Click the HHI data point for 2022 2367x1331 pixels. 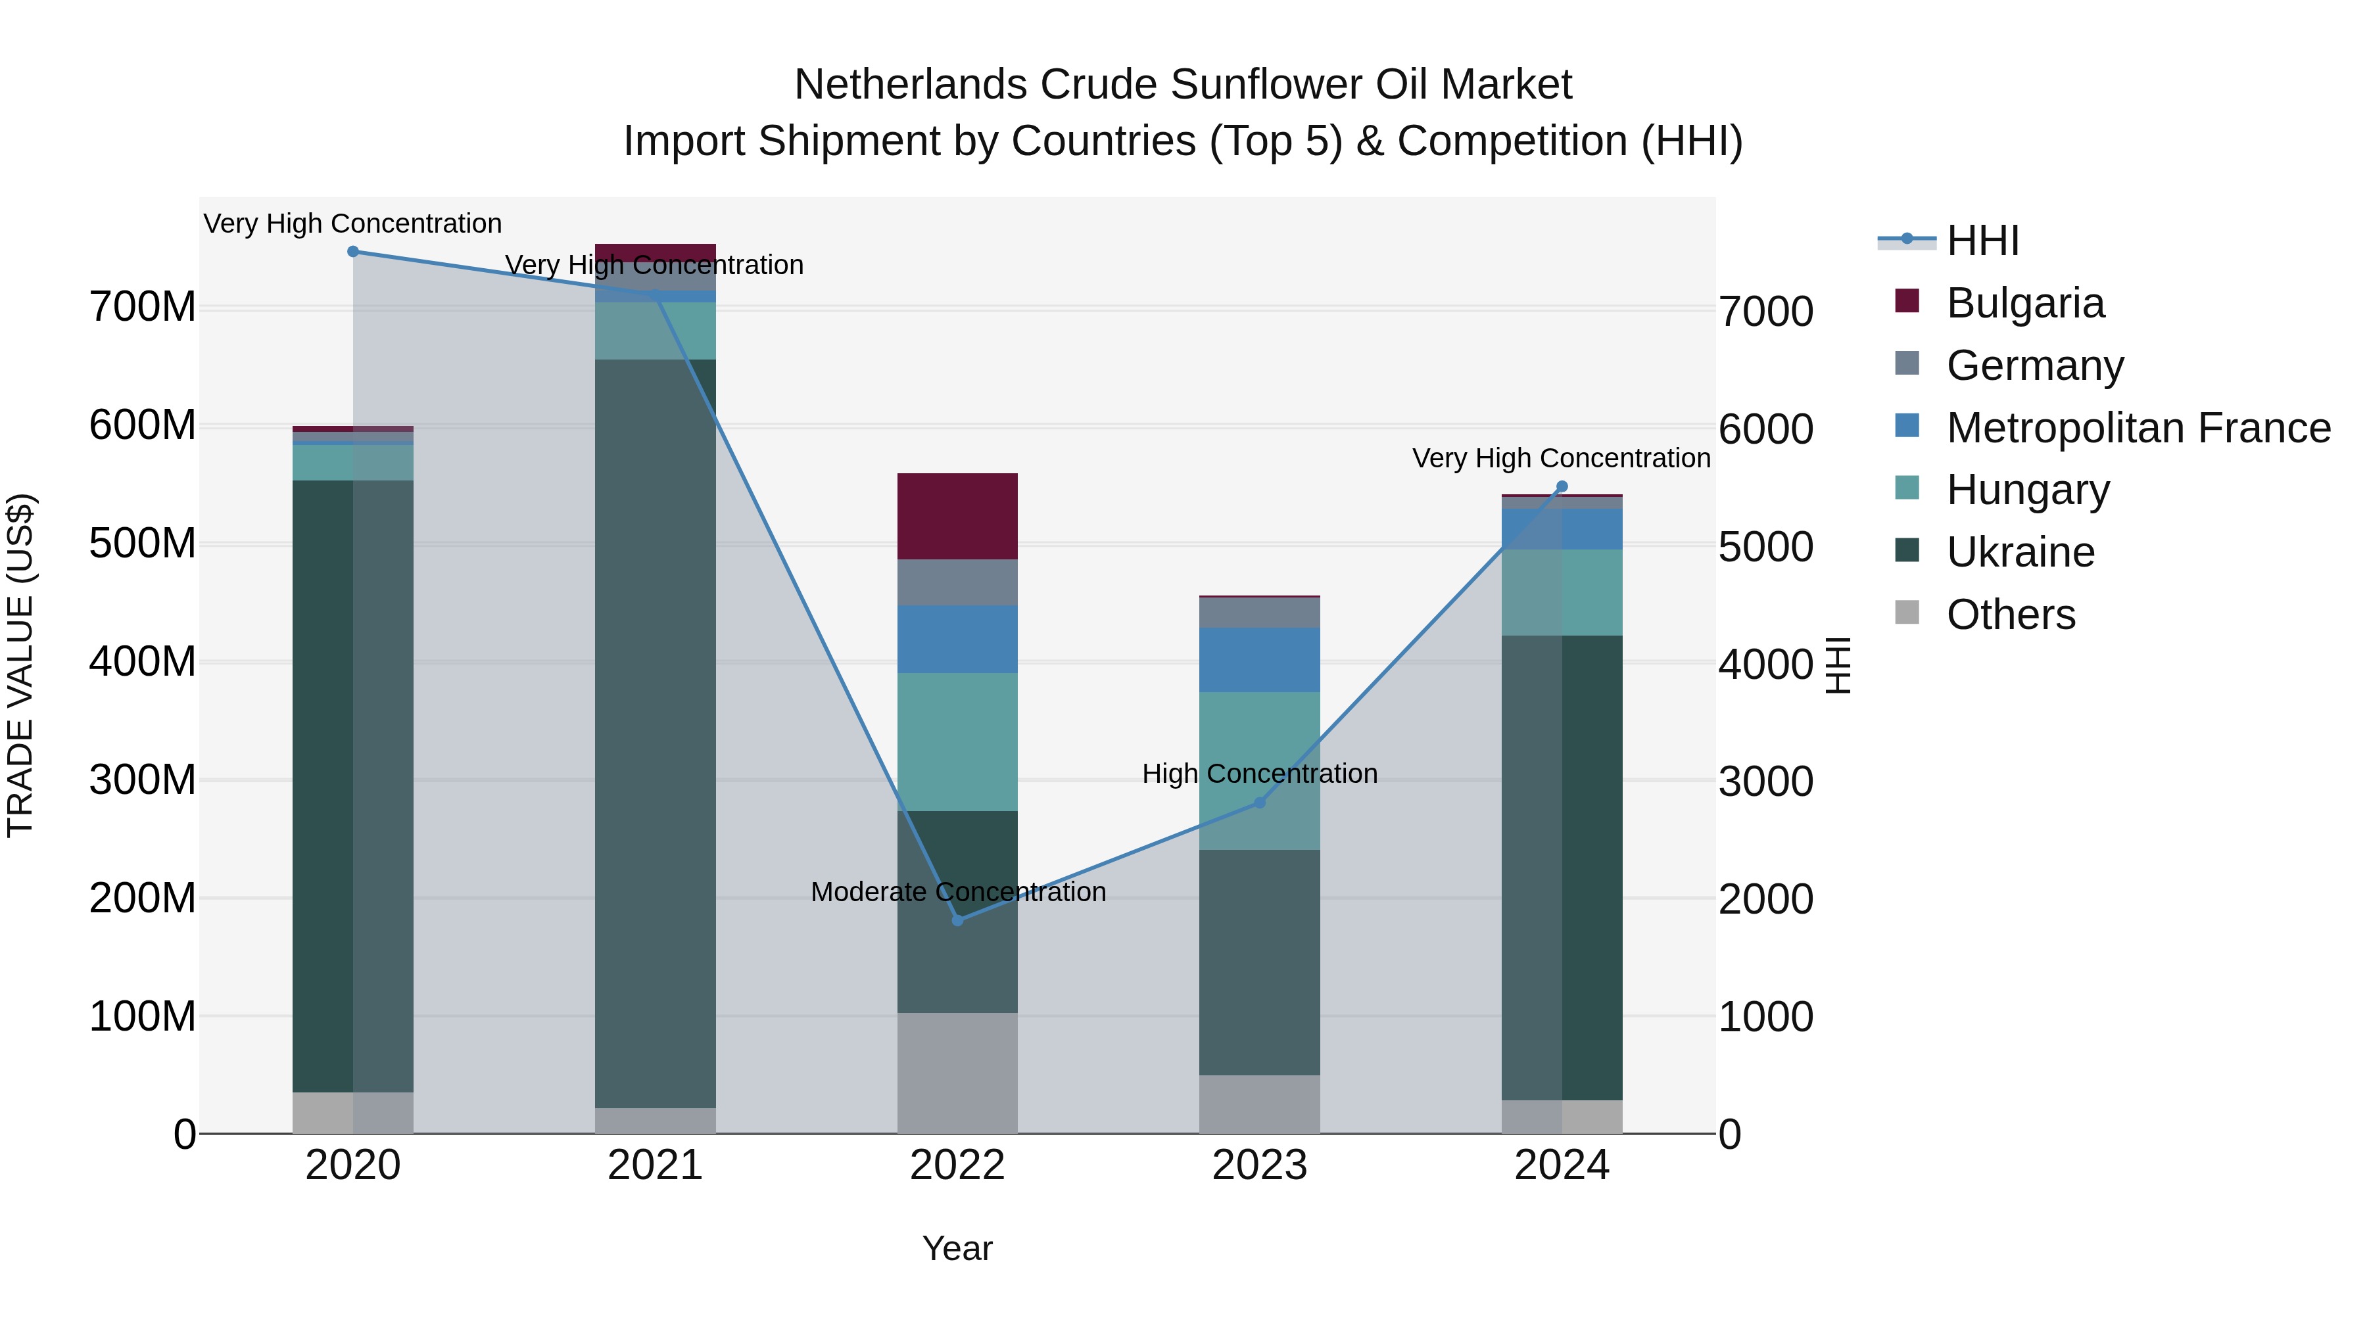point(957,920)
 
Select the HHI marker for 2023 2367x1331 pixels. point(1260,803)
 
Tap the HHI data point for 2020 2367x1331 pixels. point(353,252)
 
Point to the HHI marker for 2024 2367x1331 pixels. point(1562,487)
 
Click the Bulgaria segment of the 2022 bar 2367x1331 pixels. point(957,516)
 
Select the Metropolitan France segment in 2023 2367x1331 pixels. point(1260,659)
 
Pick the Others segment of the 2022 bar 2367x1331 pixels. point(957,1073)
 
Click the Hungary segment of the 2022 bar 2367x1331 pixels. point(957,741)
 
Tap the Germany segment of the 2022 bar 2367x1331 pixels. point(957,582)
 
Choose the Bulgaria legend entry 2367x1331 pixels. point(2024,303)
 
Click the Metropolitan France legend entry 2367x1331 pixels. point(2138,428)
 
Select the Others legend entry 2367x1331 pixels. point(2011,615)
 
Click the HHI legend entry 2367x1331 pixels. point(1982,241)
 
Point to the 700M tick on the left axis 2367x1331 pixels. point(143,307)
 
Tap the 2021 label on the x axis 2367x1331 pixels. point(655,1165)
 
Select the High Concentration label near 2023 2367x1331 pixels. point(1260,774)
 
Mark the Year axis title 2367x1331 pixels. point(957,1248)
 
